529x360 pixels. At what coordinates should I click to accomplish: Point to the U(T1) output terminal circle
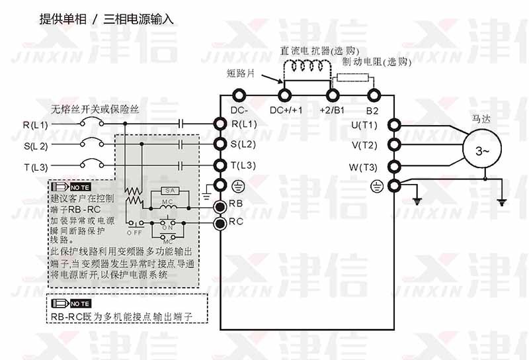(x=395, y=124)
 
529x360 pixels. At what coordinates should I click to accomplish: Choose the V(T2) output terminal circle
(x=395, y=145)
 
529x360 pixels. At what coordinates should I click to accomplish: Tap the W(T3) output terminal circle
(x=395, y=166)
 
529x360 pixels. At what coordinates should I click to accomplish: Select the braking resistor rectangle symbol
(x=351, y=77)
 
